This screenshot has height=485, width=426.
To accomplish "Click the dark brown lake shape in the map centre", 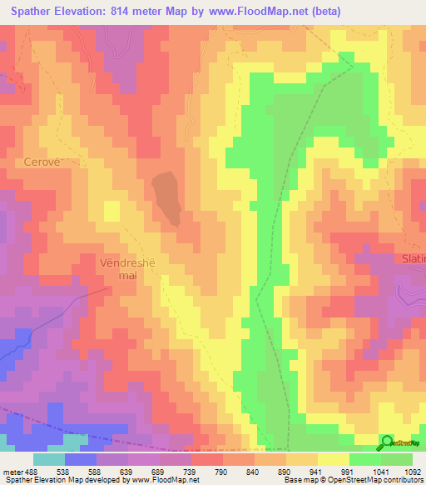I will coord(166,197).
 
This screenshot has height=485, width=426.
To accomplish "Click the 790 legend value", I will coord(222,472).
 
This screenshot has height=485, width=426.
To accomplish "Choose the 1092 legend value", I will coord(413,472).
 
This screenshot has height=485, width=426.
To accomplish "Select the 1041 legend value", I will coord(381,472).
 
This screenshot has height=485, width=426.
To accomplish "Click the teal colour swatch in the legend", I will coord(49,459).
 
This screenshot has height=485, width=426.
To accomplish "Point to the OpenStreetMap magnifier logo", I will coord(388,442).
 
